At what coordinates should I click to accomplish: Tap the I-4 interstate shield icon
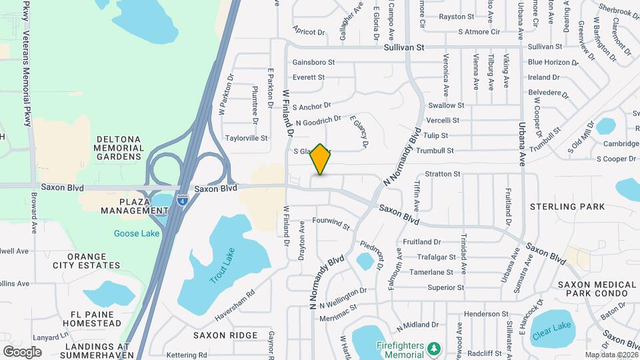[182, 199]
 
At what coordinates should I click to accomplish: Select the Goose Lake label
[137, 233]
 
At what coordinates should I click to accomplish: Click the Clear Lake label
[552, 325]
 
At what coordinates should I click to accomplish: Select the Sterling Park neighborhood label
[567, 207]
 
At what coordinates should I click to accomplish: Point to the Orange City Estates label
[87, 261]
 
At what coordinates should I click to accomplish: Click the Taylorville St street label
[246, 139]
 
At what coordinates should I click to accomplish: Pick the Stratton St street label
[443, 174]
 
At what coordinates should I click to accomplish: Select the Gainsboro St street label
[313, 62]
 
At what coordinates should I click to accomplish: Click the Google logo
[22, 351]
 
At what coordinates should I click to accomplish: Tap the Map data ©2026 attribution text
[611, 355]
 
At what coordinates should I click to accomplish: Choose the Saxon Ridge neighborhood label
[225, 335]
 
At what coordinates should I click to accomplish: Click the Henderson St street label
[486, 313]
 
